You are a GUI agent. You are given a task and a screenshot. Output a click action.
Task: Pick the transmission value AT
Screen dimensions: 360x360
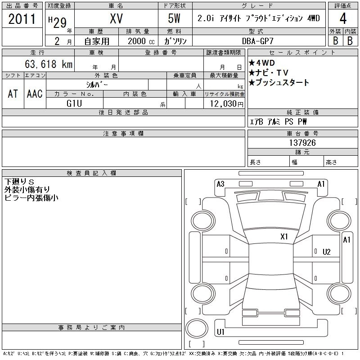[13, 94]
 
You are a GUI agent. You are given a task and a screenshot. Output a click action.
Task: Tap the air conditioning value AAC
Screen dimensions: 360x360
[35, 94]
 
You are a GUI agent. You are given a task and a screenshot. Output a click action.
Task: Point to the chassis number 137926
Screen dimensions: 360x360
[302, 143]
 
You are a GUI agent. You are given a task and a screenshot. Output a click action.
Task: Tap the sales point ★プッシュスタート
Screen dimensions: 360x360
[279, 82]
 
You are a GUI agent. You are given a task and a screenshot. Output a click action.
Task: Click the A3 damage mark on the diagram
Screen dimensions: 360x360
[220, 184]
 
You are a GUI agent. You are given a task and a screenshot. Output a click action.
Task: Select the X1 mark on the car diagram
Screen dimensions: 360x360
[284, 236]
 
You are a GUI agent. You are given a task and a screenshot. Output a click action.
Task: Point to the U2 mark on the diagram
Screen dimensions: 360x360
[326, 252]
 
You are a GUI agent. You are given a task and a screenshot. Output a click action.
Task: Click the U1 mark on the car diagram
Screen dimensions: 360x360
[220, 332]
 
